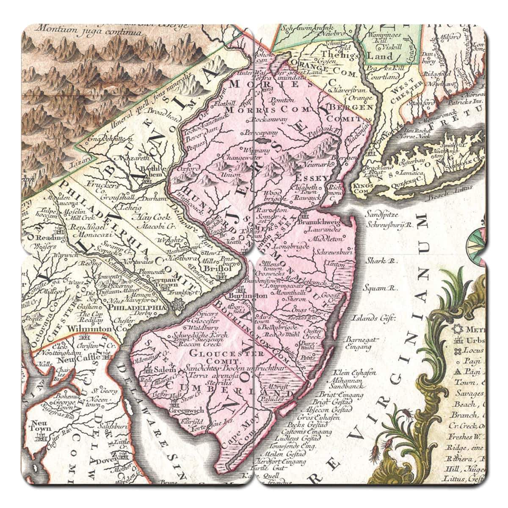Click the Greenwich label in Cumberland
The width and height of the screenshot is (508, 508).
[186, 410]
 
